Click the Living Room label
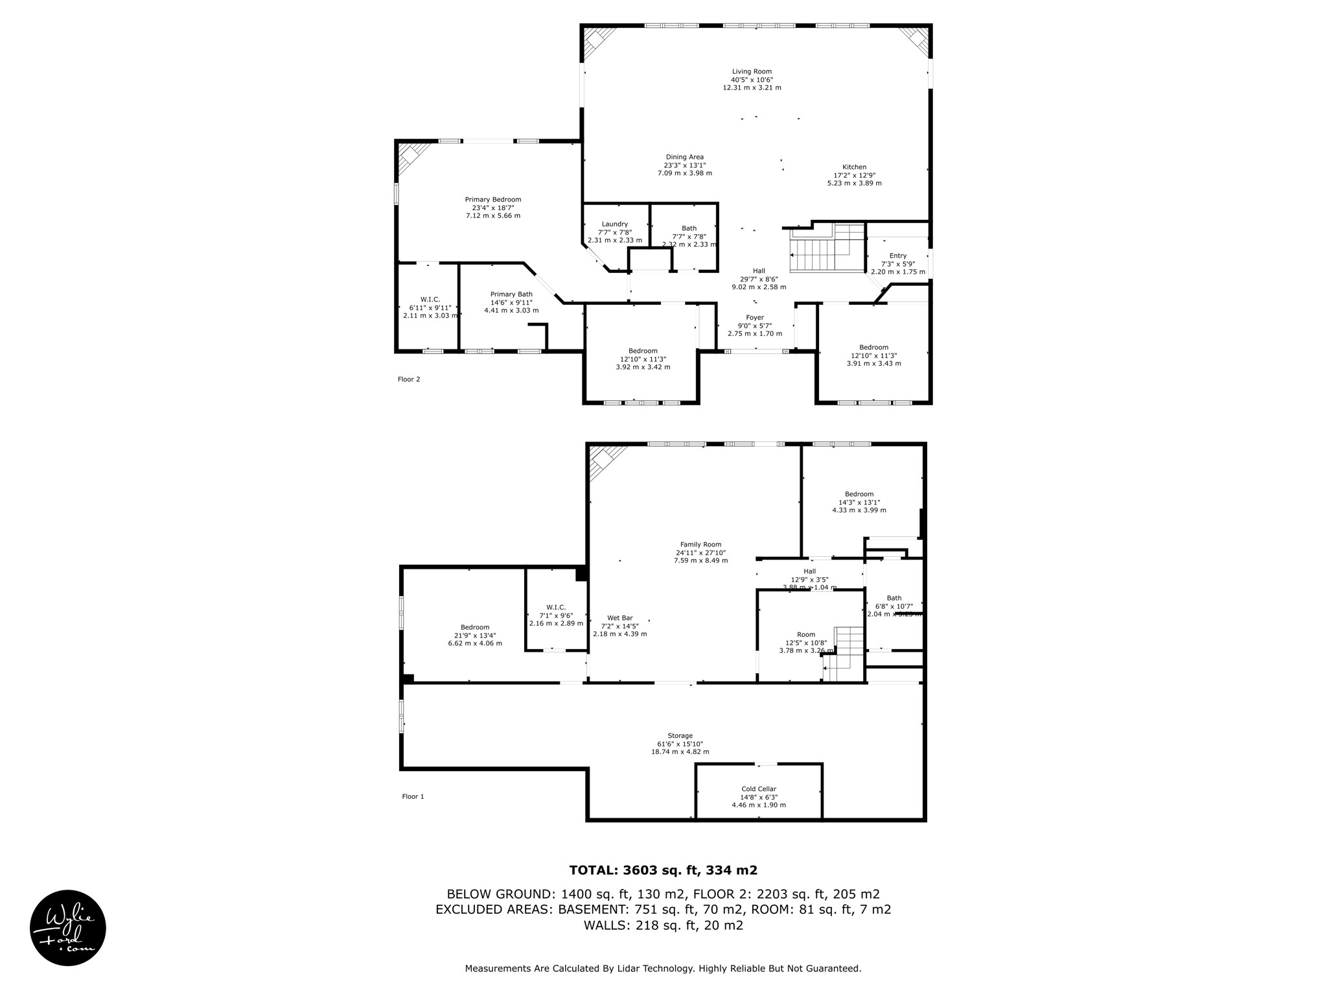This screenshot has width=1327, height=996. (x=752, y=72)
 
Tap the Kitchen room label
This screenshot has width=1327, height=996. (x=854, y=167)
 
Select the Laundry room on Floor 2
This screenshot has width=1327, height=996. (x=614, y=232)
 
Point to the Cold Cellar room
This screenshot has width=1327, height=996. (x=758, y=796)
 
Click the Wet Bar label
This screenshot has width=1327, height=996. (x=619, y=618)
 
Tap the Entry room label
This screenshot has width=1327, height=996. (x=897, y=256)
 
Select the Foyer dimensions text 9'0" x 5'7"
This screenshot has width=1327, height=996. (x=754, y=326)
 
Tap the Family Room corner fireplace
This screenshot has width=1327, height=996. (x=605, y=461)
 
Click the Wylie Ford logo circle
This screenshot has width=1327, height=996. (x=68, y=927)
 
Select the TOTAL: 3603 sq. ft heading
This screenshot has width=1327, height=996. (x=663, y=870)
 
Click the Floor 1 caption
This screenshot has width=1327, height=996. (x=413, y=796)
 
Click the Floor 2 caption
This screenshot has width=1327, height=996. (x=409, y=379)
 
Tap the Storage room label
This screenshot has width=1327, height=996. (x=680, y=736)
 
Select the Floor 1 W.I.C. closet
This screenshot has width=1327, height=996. (x=555, y=615)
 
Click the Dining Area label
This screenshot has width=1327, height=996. (x=684, y=158)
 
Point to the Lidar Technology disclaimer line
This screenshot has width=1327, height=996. (x=663, y=969)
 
